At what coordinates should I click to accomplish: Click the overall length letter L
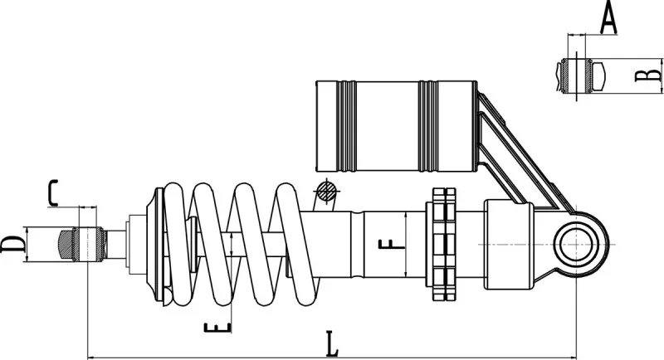tap(332, 343)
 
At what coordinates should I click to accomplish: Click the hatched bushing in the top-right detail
tap(575, 75)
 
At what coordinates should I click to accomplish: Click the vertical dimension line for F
tap(403, 245)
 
